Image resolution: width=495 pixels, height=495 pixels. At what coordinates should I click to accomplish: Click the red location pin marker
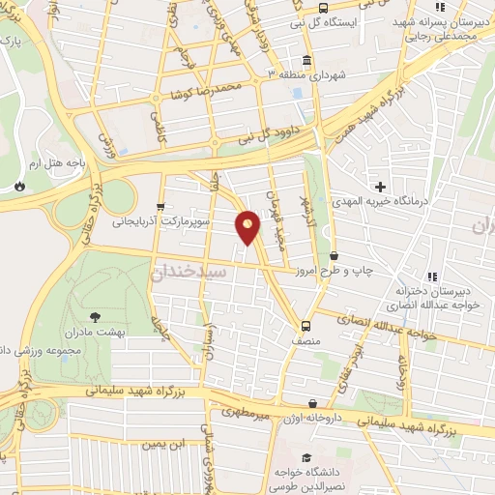[248, 227]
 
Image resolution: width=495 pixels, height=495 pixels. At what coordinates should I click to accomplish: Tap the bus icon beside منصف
[306, 325]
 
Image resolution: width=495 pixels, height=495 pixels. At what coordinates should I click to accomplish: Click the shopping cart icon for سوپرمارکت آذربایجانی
[160, 206]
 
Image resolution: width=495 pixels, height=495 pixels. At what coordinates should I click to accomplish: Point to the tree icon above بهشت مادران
[94, 316]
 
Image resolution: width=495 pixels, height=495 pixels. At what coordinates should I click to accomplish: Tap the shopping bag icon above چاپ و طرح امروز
[335, 256]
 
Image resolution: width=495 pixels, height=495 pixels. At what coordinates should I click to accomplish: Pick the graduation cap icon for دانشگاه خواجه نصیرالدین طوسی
[306, 457]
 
